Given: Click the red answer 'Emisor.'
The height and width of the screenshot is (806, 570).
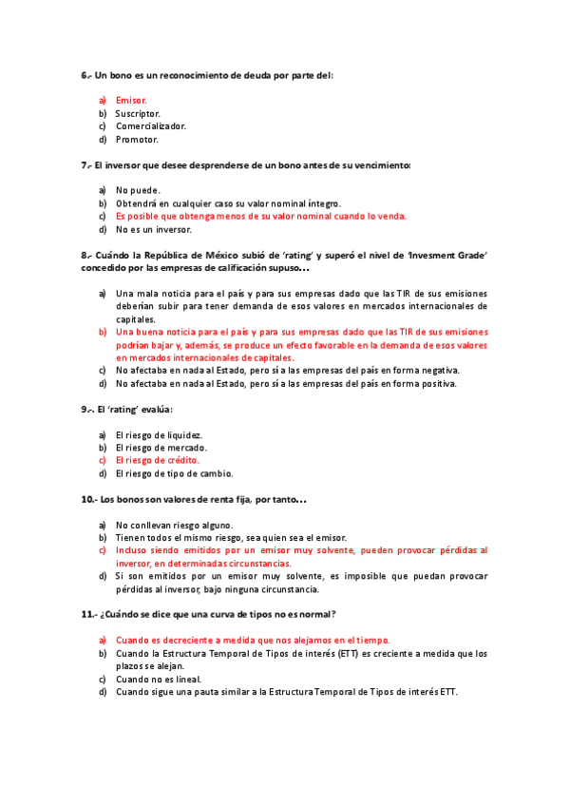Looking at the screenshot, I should pos(131,100).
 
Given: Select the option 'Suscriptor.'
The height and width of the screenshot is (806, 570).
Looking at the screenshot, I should pos(138,113).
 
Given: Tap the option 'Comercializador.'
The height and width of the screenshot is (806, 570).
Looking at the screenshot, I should pos(151,125).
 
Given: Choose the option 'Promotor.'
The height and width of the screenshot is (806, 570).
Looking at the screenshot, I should pos(137,139).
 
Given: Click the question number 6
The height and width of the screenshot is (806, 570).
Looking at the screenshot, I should pos(84,74).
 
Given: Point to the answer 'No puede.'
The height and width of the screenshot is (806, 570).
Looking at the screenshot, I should pos(138,190).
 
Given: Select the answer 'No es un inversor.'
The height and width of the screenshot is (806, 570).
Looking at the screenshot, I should pos(153,229).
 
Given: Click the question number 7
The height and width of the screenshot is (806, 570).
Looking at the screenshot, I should pos(84,164).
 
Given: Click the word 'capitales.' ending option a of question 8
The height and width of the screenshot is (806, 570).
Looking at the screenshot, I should pos(136,319).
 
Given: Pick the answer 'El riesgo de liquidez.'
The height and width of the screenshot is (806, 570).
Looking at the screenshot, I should pos(159,435).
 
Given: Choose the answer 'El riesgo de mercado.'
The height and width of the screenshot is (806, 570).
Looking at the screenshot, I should pos(161,448).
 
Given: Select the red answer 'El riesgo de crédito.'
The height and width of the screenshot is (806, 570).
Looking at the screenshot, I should pos(158,460).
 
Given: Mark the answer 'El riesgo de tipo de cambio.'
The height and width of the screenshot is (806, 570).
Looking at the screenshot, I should pos(174,473).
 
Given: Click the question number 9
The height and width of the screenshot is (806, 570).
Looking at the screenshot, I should pos(84,410).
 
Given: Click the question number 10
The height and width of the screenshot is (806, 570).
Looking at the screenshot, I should pos(86,499).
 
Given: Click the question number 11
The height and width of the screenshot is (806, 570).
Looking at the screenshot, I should pos(86,614).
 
